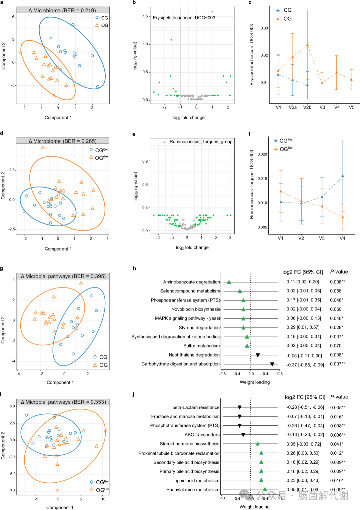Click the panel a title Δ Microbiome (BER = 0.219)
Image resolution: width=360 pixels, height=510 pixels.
click(x=62, y=10)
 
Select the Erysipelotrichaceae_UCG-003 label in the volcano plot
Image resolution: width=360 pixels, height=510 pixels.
click(x=184, y=18)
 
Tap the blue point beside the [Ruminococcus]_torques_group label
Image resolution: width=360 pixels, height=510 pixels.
click(x=164, y=142)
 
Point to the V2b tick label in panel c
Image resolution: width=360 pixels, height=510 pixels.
click(x=307, y=107)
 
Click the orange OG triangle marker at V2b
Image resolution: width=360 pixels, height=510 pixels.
click(x=307, y=45)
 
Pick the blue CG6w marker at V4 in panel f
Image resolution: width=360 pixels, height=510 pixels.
click(x=343, y=176)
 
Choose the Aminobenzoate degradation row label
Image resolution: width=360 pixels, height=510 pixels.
click(x=192, y=282)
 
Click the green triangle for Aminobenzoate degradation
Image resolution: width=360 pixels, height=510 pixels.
click(x=229, y=282)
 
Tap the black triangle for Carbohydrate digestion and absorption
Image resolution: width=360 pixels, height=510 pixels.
click(x=272, y=364)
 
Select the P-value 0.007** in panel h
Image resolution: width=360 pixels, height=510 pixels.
click(x=337, y=364)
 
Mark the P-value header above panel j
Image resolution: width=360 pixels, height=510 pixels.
click(x=339, y=397)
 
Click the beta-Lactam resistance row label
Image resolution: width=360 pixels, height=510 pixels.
click(x=196, y=407)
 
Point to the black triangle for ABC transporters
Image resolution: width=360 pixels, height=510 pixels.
click(x=243, y=435)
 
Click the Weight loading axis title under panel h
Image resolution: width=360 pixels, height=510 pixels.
click(x=255, y=382)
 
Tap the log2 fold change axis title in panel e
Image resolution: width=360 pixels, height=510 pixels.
click(x=192, y=248)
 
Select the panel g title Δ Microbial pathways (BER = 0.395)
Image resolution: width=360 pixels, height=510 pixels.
click(x=63, y=276)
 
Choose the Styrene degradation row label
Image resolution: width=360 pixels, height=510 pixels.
click(x=199, y=327)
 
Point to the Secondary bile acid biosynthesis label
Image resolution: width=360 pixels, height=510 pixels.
click(x=186, y=462)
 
